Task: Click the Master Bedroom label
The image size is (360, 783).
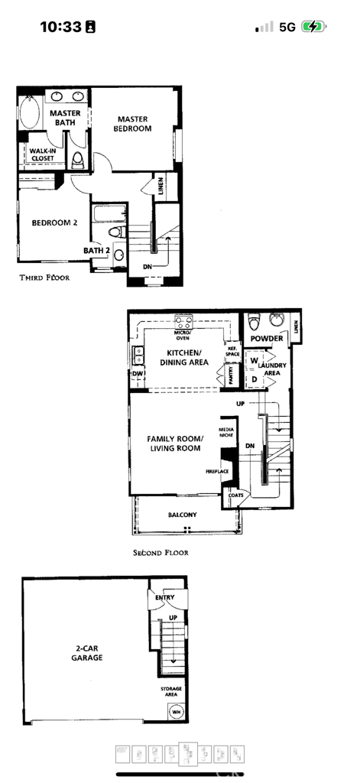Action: coord(134,124)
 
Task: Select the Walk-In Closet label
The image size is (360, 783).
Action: coord(42,154)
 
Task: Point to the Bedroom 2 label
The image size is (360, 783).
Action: coord(54,223)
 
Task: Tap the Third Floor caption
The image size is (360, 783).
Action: coord(44,278)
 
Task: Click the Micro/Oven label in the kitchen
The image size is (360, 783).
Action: coord(183,334)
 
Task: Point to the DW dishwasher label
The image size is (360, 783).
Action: coord(138,373)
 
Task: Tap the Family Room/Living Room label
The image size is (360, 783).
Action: coord(175,443)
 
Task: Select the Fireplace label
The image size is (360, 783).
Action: coord(217,472)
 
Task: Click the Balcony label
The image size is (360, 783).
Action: coord(182,515)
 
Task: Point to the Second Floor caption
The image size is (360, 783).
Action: coord(161,552)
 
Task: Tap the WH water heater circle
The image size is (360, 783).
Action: coord(176,712)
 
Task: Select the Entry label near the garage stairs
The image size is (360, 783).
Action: coord(164,597)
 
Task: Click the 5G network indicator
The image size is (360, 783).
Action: coord(287,27)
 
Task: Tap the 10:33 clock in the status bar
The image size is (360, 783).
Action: coord(60,27)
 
